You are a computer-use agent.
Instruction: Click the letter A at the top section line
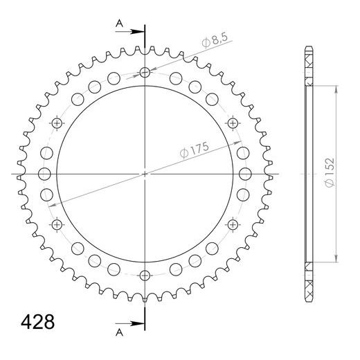point(119,24)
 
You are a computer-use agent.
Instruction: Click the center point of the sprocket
point(145,174)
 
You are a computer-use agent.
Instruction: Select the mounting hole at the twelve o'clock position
point(145,73)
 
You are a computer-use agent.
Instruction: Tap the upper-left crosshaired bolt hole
point(57,123)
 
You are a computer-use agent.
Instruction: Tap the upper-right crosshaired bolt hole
point(232,123)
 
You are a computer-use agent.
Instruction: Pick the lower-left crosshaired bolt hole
point(57,224)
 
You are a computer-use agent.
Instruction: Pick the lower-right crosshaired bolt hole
point(232,224)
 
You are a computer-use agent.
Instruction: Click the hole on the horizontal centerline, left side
point(44,174)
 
